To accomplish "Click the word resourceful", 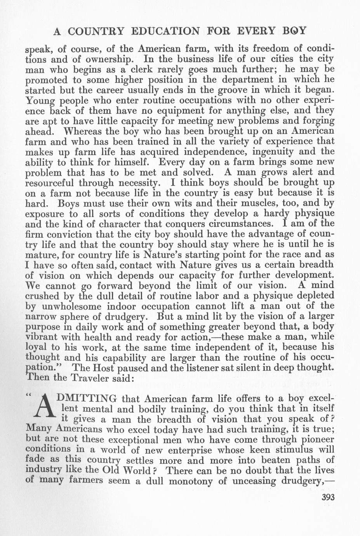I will (50, 183).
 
